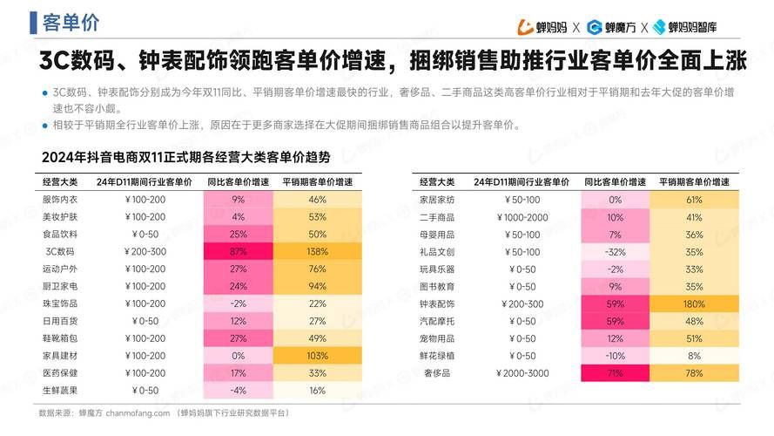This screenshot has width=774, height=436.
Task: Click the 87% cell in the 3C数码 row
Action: coord(238,251)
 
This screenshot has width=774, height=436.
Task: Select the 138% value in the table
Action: coord(317,251)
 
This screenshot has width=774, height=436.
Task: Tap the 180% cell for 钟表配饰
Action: coord(694,303)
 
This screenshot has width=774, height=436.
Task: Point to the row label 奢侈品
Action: coord(437,373)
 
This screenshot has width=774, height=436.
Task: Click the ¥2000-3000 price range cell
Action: coord(522,373)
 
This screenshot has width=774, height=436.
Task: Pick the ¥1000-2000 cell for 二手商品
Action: coord(522,217)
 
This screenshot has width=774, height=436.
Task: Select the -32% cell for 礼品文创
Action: coord(615,251)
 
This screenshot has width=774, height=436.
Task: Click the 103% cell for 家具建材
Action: coord(317,356)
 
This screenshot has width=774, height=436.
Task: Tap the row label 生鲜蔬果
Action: coord(60,391)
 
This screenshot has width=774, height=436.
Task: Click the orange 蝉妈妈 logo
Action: coord(542,27)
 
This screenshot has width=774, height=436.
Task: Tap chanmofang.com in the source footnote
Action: coord(138,412)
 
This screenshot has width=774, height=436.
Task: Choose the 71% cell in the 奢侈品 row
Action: coord(615,373)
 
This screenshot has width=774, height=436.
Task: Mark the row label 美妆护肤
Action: coord(60,217)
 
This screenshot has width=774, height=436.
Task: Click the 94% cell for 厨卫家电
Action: coord(317,286)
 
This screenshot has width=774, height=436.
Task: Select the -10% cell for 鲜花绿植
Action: coord(615,356)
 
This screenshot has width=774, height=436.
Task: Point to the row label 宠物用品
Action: coord(437,338)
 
